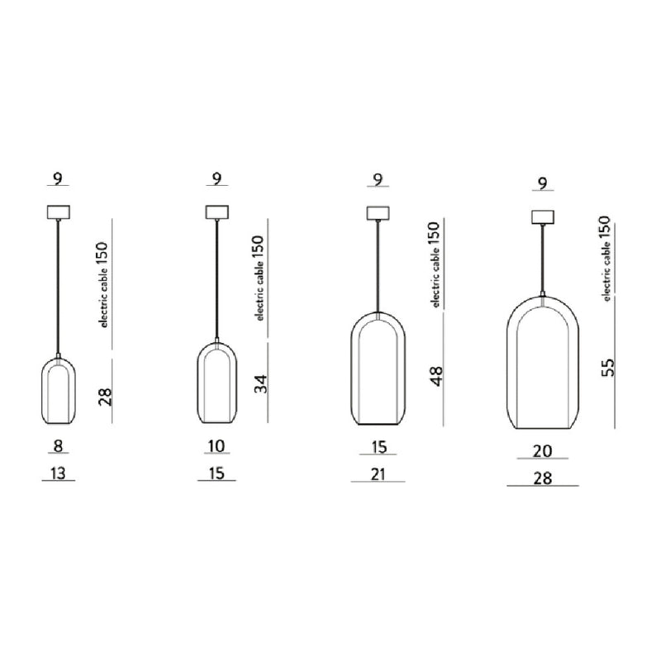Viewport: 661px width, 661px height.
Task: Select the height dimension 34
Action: (262, 383)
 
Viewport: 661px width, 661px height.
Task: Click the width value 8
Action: (58, 446)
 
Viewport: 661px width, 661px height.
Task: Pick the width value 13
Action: (58, 473)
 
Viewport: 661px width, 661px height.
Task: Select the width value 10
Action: (216, 446)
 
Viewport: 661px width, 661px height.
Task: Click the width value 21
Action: (378, 473)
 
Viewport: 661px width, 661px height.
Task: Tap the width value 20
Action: (543, 451)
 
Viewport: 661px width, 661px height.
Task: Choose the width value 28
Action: (543, 478)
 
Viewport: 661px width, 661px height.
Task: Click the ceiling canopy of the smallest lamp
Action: (58, 212)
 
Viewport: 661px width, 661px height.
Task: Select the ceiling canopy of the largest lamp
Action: (542, 217)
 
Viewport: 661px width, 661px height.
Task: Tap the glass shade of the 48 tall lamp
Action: (378, 369)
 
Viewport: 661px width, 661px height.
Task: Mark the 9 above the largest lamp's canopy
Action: (542, 183)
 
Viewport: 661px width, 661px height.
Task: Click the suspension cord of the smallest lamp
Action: (58, 289)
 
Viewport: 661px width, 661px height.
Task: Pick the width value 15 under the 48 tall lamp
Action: (378, 446)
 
